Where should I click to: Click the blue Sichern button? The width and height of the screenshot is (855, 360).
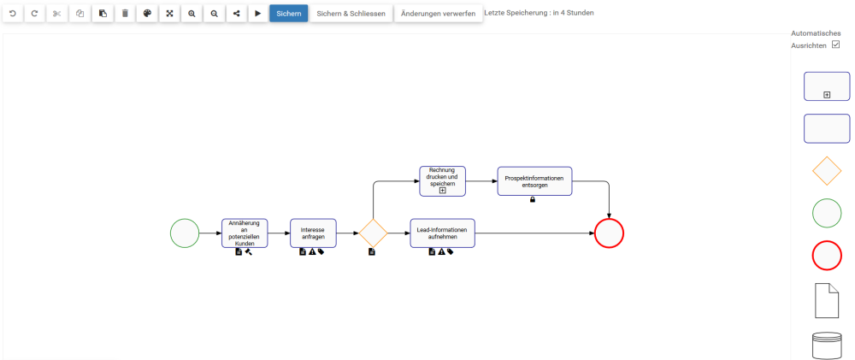(288, 14)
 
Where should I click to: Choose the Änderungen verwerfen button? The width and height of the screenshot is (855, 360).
(438, 14)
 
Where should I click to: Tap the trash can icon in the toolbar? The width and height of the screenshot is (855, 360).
(125, 14)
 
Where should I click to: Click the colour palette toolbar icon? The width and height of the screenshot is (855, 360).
(147, 14)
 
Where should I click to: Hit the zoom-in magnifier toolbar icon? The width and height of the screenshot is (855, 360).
(192, 14)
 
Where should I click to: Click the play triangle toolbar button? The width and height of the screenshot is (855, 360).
(258, 14)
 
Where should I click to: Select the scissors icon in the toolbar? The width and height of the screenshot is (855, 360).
(57, 14)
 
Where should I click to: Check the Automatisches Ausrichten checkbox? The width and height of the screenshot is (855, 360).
(836, 44)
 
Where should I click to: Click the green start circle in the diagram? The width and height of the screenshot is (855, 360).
(185, 233)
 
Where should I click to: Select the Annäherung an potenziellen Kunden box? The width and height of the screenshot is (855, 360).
(245, 233)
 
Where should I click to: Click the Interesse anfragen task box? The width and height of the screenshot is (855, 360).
(313, 233)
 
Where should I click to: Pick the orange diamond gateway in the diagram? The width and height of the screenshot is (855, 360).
(373, 233)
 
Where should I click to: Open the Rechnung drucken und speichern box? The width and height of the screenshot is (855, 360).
(442, 180)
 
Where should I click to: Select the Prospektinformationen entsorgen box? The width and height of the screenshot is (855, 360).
(534, 181)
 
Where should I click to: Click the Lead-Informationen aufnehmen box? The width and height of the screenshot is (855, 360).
(442, 233)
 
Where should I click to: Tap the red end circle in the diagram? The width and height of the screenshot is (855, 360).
(609, 233)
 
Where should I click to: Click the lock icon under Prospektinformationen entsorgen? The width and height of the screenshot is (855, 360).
(533, 199)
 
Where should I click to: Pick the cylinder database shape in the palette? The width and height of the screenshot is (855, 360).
(827, 345)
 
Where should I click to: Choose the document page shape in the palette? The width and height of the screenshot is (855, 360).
(827, 300)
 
